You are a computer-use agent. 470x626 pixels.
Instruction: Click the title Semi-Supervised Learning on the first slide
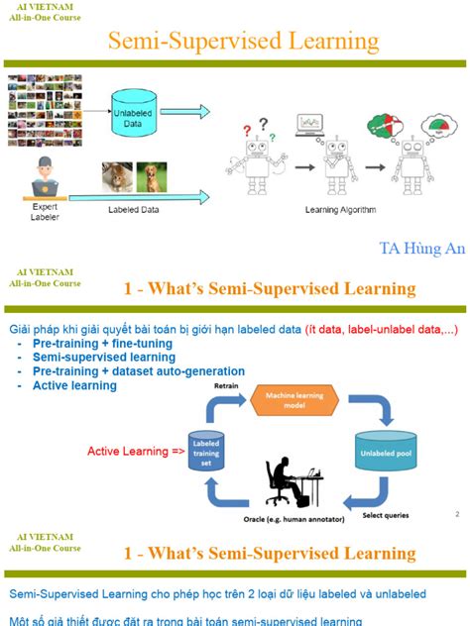pos(243,41)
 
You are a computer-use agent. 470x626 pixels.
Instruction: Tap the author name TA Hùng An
pos(420,248)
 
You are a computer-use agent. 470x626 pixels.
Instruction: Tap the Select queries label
pos(389,515)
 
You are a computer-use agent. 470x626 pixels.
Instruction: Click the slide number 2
pos(456,514)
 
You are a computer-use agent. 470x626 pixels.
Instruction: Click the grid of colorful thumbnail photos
pos(46,110)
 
